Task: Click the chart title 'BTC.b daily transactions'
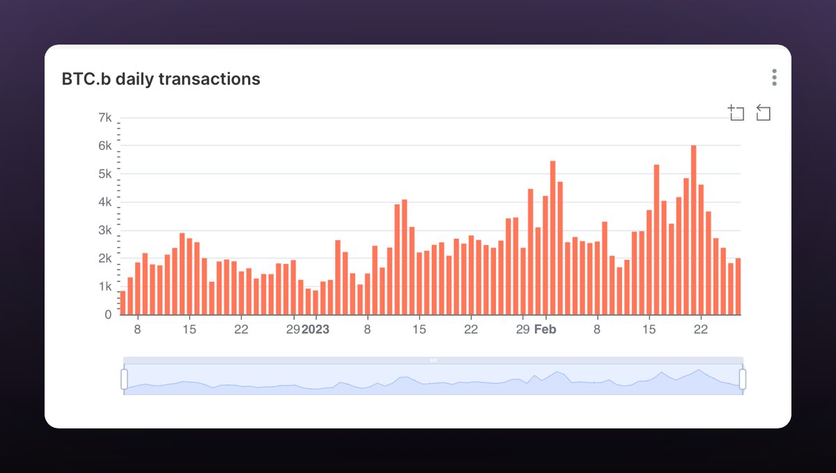pyautogui.click(x=161, y=79)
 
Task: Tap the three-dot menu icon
pyautogui.click(x=774, y=77)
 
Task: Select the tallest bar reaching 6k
pyautogui.click(x=693, y=230)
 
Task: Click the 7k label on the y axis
pyautogui.click(x=104, y=117)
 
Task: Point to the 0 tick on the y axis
pyautogui.click(x=107, y=315)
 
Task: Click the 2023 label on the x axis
pyautogui.click(x=315, y=329)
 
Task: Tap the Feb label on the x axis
pyautogui.click(x=545, y=329)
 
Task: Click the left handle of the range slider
pyautogui.click(x=124, y=379)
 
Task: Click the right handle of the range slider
pyautogui.click(x=743, y=379)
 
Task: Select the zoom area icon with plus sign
pyautogui.click(x=736, y=113)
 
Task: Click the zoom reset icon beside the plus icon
pyautogui.click(x=763, y=113)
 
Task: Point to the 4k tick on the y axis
pyautogui.click(x=104, y=202)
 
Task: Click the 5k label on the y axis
pyautogui.click(x=104, y=173)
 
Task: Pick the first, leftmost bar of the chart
pyautogui.click(x=123, y=303)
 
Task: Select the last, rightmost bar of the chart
pyautogui.click(x=738, y=287)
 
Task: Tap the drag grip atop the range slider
pyautogui.click(x=433, y=360)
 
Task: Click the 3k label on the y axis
pyautogui.click(x=104, y=230)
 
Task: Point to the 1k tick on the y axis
pyautogui.click(x=104, y=286)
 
